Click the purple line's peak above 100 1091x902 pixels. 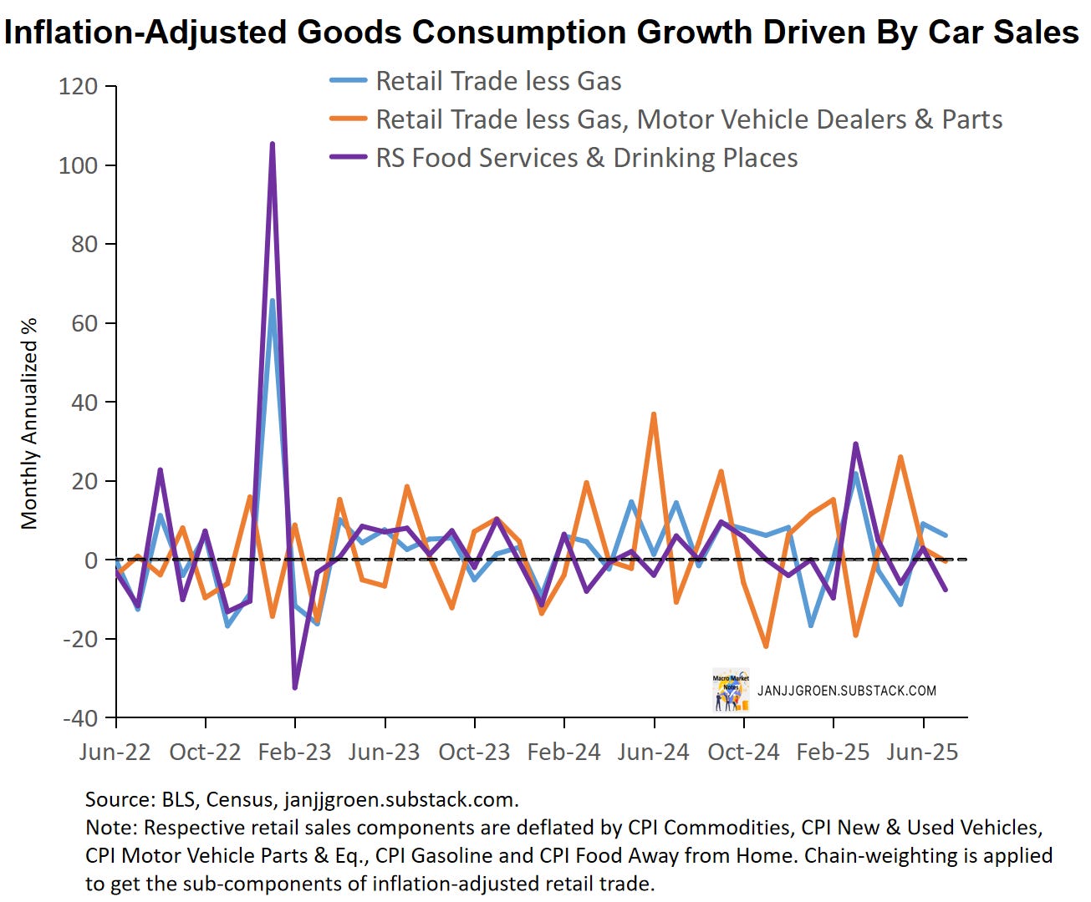pyautogui.click(x=273, y=144)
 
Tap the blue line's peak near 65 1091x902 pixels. pyautogui.click(x=273, y=301)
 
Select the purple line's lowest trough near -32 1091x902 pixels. pyautogui.click(x=295, y=687)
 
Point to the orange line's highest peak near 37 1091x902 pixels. pyautogui.click(x=654, y=414)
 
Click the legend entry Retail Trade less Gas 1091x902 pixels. pyautogui.click(x=498, y=81)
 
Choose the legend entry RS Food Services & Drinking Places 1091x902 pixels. pyautogui.click(x=586, y=158)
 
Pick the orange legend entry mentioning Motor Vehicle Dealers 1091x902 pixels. pyautogui.click(x=688, y=119)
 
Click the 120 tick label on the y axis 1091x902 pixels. pyautogui.click(x=78, y=87)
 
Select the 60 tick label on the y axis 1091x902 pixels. pyautogui.click(x=84, y=323)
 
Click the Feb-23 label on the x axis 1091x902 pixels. pyautogui.click(x=295, y=752)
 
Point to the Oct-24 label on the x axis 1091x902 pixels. pyautogui.click(x=743, y=752)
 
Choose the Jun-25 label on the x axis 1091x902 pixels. pyautogui.click(x=923, y=752)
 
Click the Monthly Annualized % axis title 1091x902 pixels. pyautogui.click(x=30, y=423)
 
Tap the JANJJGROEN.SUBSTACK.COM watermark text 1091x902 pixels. pyautogui.click(x=847, y=691)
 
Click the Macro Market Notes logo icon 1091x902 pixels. pyautogui.click(x=731, y=691)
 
